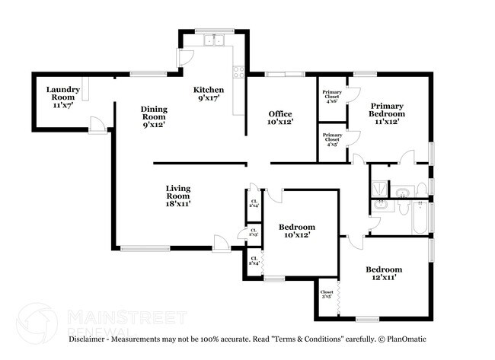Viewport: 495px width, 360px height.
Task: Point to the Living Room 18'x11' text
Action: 179,196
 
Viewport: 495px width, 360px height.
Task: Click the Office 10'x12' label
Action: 280,118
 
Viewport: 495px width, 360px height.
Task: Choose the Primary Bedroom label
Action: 387,113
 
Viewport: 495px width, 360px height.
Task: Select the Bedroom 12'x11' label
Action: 383,273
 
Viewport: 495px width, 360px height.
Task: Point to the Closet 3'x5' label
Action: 327,295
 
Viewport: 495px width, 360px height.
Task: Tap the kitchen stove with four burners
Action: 238,72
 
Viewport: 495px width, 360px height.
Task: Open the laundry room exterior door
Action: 97,125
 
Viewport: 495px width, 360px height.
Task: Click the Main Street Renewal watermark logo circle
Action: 36,322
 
